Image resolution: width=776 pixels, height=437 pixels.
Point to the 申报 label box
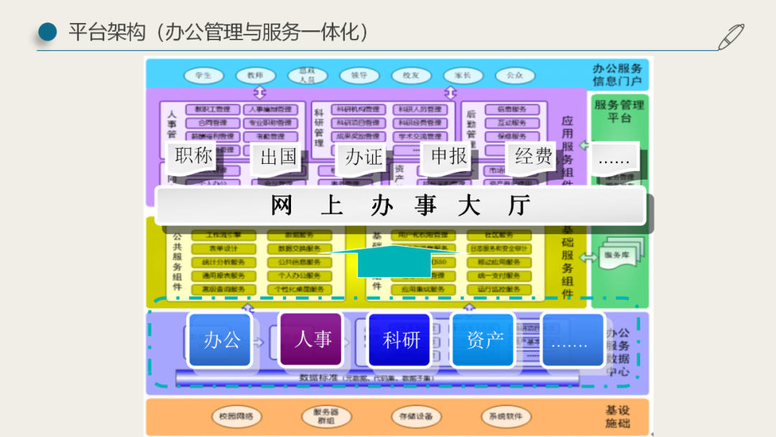click(x=449, y=157)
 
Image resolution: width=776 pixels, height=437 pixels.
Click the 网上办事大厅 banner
click(x=400, y=206)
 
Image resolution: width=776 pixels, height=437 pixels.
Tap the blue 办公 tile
click(x=222, y=339)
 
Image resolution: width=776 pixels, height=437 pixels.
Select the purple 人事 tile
click(x=313, y=339)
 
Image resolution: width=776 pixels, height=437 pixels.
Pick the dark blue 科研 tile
click(x=401, y=340)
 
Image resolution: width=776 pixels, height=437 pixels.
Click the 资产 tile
click(x=485, y=340)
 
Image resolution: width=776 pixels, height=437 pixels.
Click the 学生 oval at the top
click(x=203, y=75)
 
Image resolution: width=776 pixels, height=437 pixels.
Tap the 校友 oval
click(x=411, y=75)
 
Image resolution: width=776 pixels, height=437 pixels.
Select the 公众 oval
click(x=514, y=75)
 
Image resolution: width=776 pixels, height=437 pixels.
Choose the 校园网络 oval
click(x=236, y=416)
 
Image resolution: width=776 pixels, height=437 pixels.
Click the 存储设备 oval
click(x=416, y=416)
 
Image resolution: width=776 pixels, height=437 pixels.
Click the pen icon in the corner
click(x=732, y=36)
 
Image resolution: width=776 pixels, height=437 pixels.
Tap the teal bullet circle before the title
click(x=47, y=32)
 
